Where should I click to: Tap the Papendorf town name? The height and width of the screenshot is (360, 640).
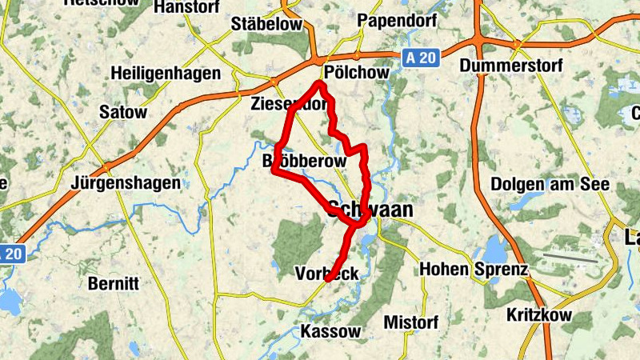click(x=396, y=20)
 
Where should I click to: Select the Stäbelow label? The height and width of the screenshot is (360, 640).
click(x=266, y=24)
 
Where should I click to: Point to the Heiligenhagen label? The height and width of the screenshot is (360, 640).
click(x=166, y=73)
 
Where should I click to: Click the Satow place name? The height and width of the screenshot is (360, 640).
click(x=123, y=112)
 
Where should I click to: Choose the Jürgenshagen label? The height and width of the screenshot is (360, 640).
click(x=126, y=183)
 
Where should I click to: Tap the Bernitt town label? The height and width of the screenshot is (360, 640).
click(x=113, y=283)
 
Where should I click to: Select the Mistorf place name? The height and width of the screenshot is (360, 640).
click(x=411, y=322)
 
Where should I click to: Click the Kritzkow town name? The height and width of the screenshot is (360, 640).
click(x=539, y=315)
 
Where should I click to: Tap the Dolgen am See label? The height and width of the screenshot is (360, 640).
click(x=550, y=184)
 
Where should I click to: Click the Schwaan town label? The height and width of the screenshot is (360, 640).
click(x=370, y=210)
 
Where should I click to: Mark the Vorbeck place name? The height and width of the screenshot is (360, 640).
click(x=326, y=273)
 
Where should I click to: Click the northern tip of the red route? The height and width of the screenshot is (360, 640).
click(x=320, y=83)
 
